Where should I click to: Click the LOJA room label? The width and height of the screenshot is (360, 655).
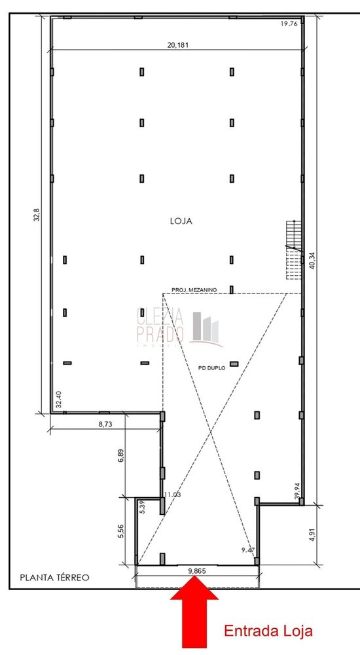click(x=181, y=221)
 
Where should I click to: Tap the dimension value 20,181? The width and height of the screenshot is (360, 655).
click(x=178, y=45)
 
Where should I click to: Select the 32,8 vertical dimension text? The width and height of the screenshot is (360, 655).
click(x=37, y=215)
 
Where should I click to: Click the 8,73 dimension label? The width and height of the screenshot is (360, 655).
click(x=106, y=424)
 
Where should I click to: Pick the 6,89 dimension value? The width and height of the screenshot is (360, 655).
click(x=121, y=457)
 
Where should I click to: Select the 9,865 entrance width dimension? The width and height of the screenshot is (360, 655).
click(x=198, y=571)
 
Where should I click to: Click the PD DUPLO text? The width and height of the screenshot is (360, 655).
click(x=211, y=368)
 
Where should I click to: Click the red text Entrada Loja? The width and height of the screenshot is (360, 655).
click(x=268, y=631)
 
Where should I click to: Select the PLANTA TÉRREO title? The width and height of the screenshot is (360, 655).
click(x=54, y=578)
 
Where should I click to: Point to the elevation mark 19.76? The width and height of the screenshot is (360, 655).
click(x=289, y=24)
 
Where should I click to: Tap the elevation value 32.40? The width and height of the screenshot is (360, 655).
click(x=59, y=400)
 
